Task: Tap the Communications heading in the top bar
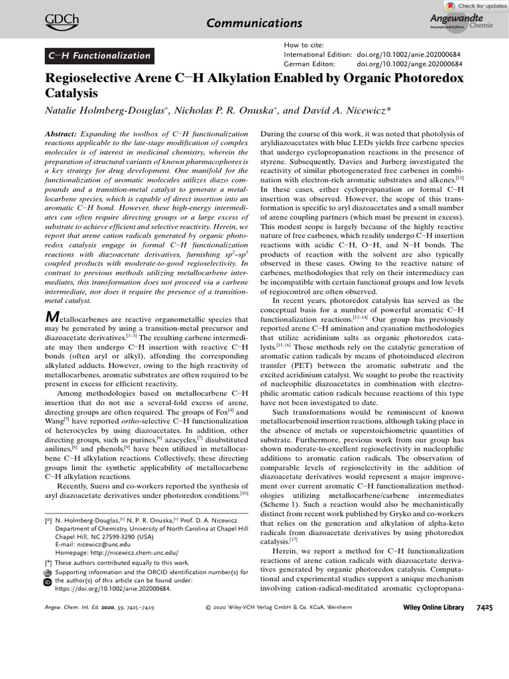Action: pyautogui.click(x=254, y=23)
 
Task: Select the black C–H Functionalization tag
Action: pyautogui.click(x=99, y=56)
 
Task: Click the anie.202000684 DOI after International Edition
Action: pyautogui.click(x=410, y=54)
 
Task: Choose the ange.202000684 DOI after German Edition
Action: pyautogui.click(x=410, y=64)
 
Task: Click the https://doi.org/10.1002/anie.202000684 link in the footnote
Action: pyautogui.click(x=107, y=588)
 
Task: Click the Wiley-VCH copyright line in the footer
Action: pyautogui.click(x=279, y=607)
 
